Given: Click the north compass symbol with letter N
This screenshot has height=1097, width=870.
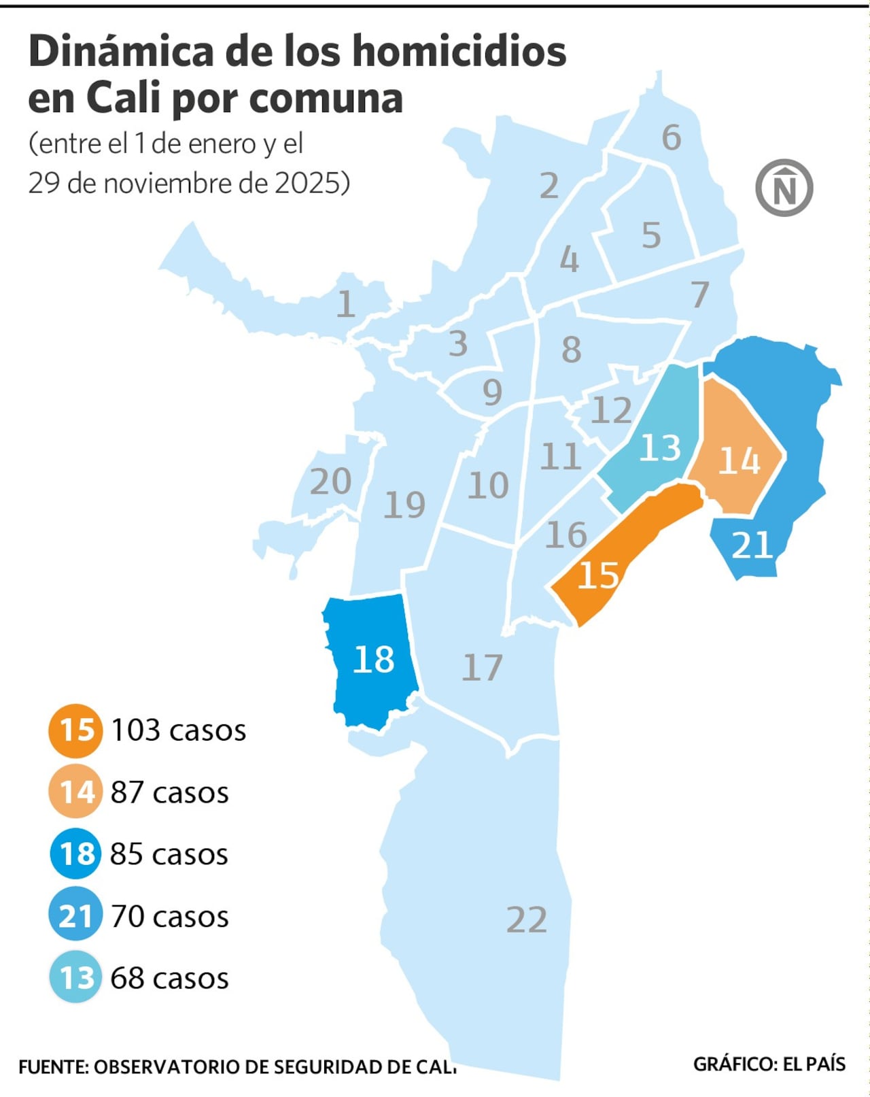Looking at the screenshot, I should pyautogui.click(x=784, y=188).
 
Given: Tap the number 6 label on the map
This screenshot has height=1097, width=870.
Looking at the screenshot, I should pyautogui.click(x=671, y=138).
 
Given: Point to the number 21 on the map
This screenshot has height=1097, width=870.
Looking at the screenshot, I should pyautogui.click(x=752, y=545).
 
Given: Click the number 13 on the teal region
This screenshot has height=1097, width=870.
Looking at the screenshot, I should pyautogui.click(x=659, y=448).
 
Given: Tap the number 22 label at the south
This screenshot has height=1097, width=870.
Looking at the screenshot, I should pyautogui.click(x=527, y=920).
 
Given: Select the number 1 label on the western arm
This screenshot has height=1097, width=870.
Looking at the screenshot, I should pyautogui.click(x=345, y=304).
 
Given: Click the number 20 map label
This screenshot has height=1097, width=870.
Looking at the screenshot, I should pyautogui.click(x=330, y=482).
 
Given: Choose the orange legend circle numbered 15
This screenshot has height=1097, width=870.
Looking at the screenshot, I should pyautogui.click(x=75, y=730).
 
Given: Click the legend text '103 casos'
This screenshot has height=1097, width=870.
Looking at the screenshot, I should pyautogui.click(x=178, y=730).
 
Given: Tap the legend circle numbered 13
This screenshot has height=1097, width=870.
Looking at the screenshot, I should pyautogui.click(x=75, y=978).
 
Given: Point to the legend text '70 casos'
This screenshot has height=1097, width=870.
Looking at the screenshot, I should pyautogui.click(x=170, y=917).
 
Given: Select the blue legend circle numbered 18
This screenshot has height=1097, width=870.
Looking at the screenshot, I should pyautogui.click(x=75, y=854).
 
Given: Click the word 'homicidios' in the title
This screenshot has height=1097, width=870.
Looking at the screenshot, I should pyautogui.click(x=459, y=52).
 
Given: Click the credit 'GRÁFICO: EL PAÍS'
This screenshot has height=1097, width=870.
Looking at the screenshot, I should pyautogui.click(x=769, y=1064).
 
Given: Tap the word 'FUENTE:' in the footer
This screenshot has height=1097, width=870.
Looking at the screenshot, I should pyautogui.click(x=53, y=1067).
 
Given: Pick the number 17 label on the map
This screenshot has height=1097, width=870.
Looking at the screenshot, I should pyautogui.click(x=482, y=667).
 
